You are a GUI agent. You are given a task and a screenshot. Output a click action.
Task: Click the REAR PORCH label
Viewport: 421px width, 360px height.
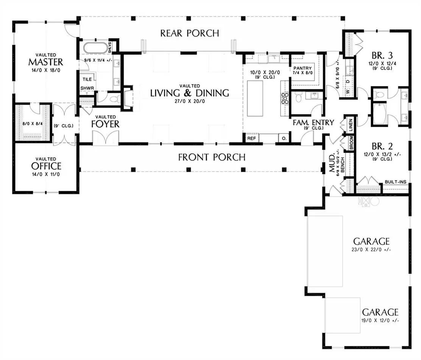pos(190,33)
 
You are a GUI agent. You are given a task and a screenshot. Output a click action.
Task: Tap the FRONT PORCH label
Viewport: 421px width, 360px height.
pos(212,157)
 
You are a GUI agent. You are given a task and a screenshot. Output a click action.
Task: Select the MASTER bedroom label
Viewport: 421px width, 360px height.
pos(46,62)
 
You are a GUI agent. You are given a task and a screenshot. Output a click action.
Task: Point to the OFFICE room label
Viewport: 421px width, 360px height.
pos(46,166)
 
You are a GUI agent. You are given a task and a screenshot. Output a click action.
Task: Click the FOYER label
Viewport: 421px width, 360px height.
pos(105,124)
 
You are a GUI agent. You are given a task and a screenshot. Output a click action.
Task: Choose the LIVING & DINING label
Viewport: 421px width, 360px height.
pos(190,93)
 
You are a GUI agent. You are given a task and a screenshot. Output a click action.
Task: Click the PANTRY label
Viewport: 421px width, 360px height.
pos(302,68)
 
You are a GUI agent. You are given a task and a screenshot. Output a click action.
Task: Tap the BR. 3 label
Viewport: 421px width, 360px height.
pos(382,55)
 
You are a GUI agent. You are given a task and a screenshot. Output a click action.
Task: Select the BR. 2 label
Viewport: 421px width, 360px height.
pos(382,146)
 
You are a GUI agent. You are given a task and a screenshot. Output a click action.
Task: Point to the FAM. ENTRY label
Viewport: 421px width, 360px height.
pos(313,122)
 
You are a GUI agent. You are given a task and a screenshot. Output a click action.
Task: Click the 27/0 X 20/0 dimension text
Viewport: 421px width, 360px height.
pos(190,101)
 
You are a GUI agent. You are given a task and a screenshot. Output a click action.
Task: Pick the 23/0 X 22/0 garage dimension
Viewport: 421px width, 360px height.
pos(371,250)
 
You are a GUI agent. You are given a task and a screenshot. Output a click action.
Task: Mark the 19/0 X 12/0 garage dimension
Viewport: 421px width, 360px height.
pos(380,321)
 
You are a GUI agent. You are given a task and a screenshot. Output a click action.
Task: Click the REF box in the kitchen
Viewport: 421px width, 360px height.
pos(252,138)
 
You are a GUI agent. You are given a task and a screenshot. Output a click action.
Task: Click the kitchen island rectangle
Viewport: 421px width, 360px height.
pos(255,98)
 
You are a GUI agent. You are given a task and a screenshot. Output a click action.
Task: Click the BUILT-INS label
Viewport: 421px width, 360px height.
pos(396,182)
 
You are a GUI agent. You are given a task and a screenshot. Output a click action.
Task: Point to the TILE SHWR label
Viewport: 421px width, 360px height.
pos(87,83)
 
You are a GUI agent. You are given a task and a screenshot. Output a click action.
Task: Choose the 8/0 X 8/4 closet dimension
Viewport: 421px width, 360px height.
pos(33,124)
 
